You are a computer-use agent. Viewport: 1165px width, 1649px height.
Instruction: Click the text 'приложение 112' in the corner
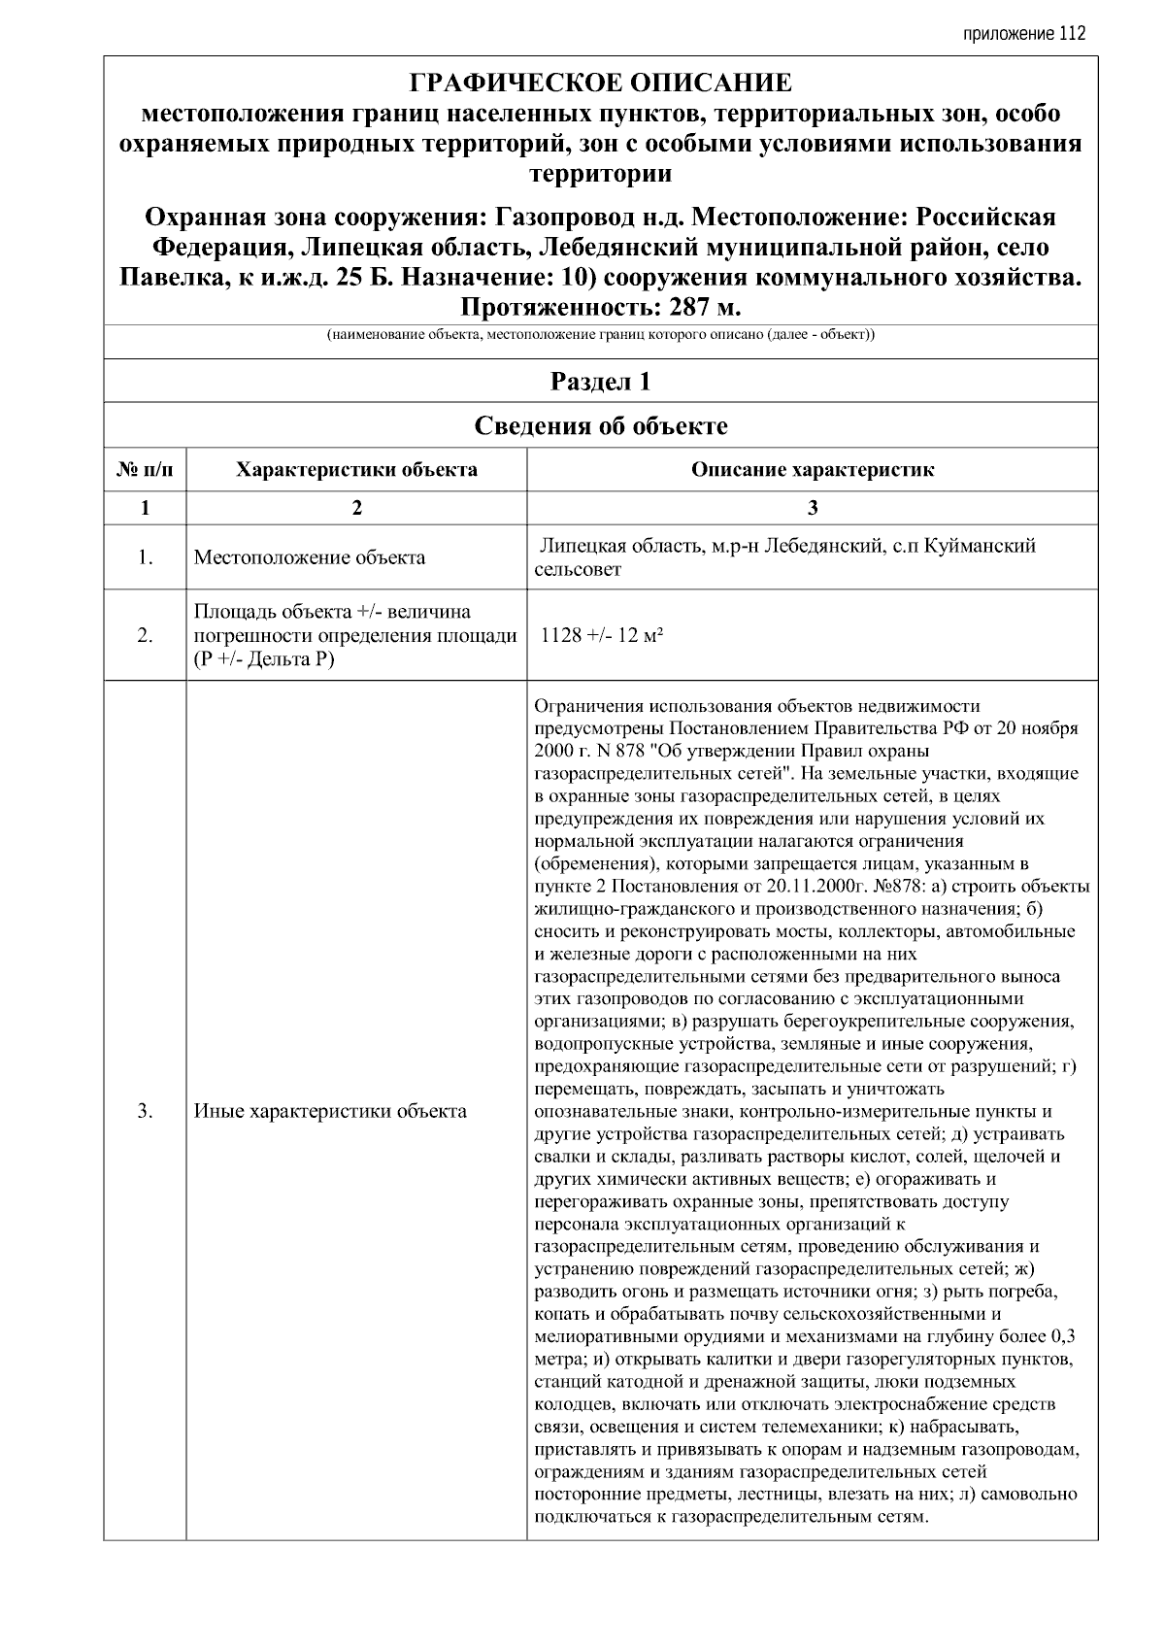click(1023, 33)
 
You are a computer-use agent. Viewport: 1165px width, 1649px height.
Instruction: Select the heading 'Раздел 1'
click(600, 382)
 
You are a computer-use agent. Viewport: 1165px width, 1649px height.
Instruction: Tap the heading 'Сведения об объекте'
click(600, 426)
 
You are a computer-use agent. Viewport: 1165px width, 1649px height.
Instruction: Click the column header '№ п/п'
click(145, 470)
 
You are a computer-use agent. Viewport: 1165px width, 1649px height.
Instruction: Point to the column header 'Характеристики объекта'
click(356, 470)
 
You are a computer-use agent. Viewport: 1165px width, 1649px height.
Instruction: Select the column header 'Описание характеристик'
click(813, 470)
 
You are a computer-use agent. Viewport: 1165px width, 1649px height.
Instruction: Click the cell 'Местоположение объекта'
click(309, 557)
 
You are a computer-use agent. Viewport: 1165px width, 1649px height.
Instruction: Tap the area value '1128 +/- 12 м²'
click(602, 635)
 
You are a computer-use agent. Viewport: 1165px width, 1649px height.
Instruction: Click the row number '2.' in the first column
click(145, 636)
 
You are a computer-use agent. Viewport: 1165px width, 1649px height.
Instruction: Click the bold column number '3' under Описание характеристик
click(813, 508)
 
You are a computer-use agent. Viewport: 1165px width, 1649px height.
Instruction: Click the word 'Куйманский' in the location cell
click(977, 546)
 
